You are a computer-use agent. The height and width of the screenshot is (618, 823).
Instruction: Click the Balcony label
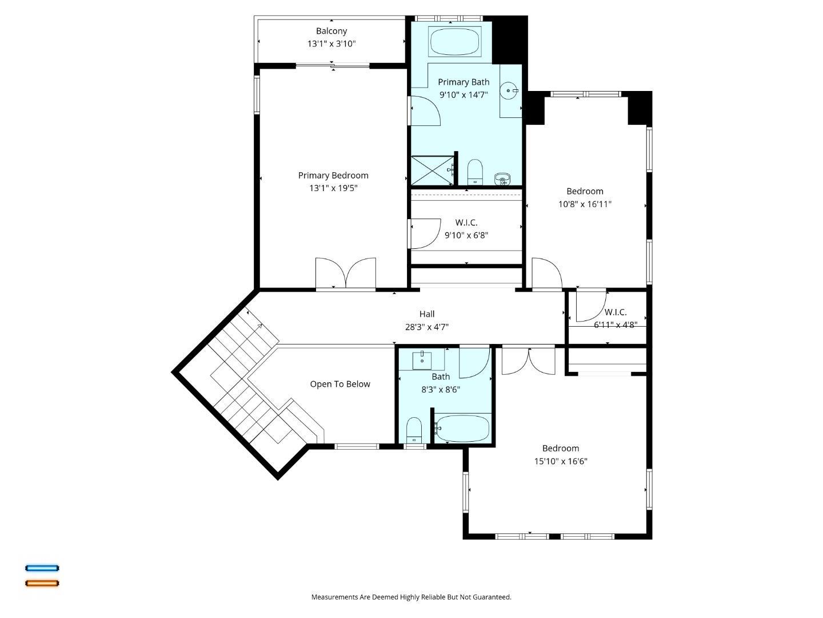pos(331,31)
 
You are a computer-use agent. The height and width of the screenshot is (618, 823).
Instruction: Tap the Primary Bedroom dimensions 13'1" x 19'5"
pos(333,188)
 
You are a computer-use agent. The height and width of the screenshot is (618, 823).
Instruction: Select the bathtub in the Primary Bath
pos(454,42)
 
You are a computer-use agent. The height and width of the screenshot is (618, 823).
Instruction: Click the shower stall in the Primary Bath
pos(433,171)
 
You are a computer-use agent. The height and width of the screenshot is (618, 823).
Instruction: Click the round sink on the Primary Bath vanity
pos(509,90)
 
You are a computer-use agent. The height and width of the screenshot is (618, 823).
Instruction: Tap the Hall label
pos(427,314)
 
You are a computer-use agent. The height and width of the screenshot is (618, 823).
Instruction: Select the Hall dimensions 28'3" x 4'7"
pos(427,327)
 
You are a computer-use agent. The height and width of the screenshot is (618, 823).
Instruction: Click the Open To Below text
pos(339,384)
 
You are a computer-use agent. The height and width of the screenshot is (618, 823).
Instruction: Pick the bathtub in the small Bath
pos(462,429)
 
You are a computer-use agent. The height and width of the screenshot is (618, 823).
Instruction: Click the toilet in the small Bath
pos(414,430)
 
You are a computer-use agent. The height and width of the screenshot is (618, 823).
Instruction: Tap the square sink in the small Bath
pos(422,360)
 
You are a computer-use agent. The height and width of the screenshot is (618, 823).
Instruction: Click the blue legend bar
pos(42,568)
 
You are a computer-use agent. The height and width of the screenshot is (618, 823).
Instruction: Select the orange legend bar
pos(42,583)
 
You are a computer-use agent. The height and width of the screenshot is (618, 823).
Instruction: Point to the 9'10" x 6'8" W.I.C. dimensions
pos(466,236)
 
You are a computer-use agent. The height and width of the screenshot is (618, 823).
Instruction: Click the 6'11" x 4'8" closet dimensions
pos(616,325)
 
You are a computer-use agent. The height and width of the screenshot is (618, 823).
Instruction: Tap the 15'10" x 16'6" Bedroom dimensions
pos(561,462)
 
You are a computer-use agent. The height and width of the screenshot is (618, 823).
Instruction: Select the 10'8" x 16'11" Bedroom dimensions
pos(585,204)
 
